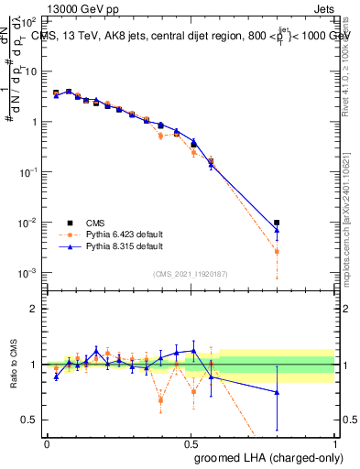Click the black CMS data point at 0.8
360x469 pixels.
pyautogui.click(x=277, y=222)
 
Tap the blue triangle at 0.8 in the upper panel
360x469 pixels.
pyautogui.click(x=277, y=230)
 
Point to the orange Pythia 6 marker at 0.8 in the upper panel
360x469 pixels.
pyautogui.click(x=277, y=251)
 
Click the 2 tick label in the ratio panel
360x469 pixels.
pyautogui.click(x=34, y=309)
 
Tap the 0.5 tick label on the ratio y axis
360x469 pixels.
pyautogui.click(x=29, y=420)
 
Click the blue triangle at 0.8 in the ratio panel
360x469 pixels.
pyautogui.click(x=277, y=392)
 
